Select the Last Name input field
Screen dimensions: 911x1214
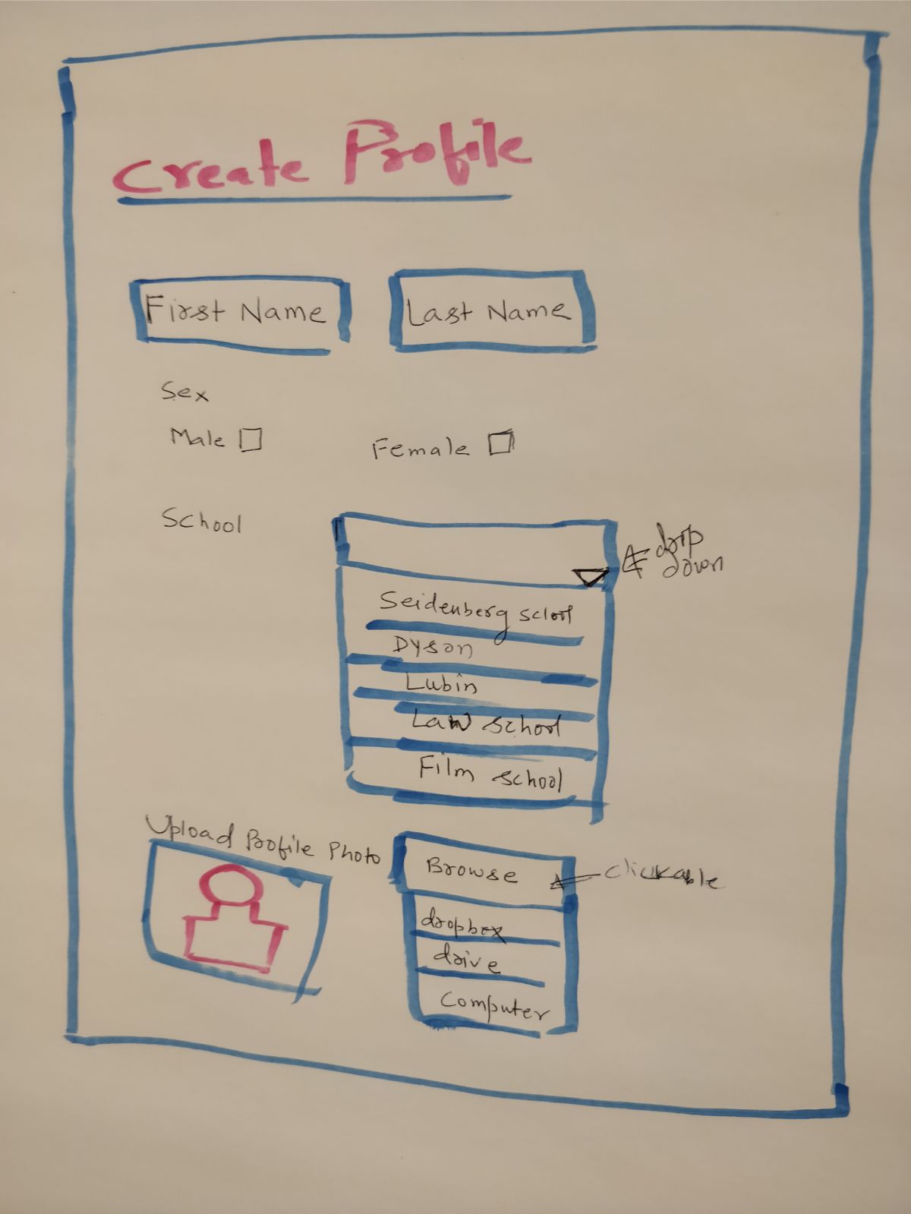pyautogui.click(x=490, y=312)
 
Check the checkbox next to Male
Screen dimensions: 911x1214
pyautogui.click(x=251, y=439)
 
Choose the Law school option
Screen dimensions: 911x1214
pyautogui.click(x=486, y=724)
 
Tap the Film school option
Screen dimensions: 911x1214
pyautogui.click(x=490, y=774)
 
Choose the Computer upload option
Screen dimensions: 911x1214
pyautogui.click(x=492, y=1007)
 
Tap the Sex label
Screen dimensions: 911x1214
pyautogui.click(x=184, y=393)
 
